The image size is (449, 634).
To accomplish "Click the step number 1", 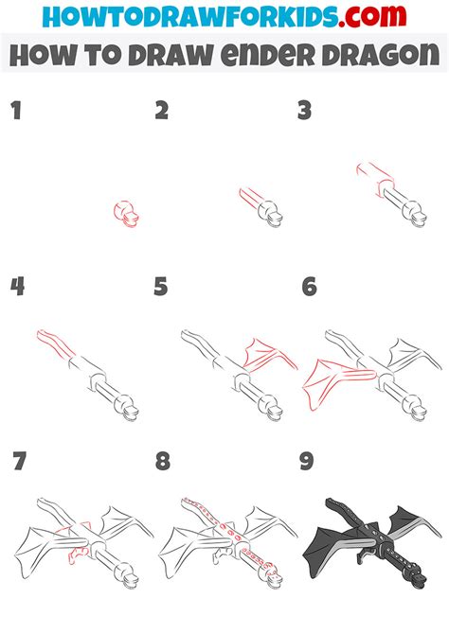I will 15,111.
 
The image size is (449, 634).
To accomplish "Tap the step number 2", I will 162,111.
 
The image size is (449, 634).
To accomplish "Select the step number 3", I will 305,111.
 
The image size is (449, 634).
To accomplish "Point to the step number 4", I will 16,286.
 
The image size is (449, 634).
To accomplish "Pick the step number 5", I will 161,286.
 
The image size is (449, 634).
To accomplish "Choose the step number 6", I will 309,286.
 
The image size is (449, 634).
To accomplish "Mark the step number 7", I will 19,462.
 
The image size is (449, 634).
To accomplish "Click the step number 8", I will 163,462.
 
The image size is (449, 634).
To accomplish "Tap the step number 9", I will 308,462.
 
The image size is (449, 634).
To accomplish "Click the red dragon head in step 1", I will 126,214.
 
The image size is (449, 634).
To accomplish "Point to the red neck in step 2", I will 251,200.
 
